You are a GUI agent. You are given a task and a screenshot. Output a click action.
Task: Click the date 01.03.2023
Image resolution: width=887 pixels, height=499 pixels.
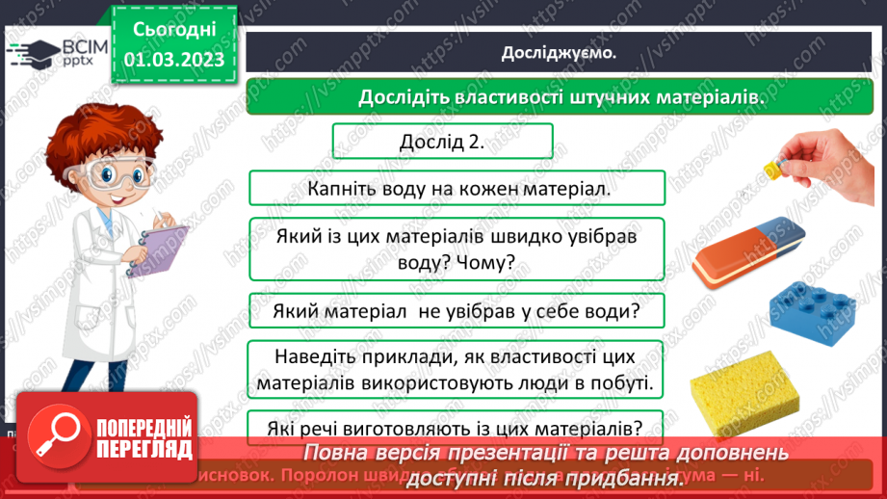click(174, 60)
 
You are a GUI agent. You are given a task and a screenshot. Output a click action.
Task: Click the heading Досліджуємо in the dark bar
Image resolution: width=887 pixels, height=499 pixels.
click(559, 53)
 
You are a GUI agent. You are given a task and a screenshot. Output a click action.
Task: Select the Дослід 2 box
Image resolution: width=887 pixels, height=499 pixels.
click(442, 142)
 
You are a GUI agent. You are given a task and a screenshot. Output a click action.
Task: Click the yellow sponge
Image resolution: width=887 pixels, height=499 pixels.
click(742, 391)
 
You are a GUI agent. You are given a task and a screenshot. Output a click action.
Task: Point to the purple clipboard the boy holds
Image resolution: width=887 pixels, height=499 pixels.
click(157, 248)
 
